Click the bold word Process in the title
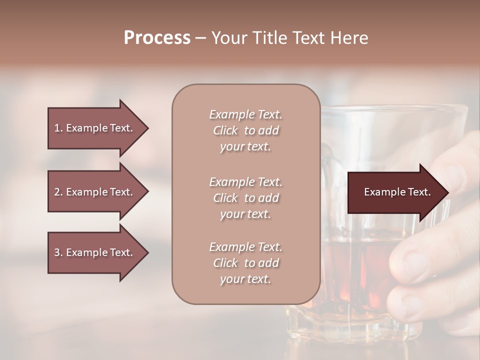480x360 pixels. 157,38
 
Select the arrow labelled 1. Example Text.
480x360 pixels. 95,128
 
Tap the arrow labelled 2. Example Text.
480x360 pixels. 95,192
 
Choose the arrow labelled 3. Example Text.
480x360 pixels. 95,252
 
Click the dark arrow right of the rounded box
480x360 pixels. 395,192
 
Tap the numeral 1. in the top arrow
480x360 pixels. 58,128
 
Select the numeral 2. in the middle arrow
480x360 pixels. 58,192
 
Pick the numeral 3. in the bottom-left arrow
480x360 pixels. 58,252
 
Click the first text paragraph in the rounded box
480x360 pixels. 245,130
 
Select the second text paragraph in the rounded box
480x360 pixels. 245,198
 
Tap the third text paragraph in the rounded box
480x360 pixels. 245,263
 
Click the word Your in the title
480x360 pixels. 230,38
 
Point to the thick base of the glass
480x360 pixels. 350,325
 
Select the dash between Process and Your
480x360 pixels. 200,38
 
